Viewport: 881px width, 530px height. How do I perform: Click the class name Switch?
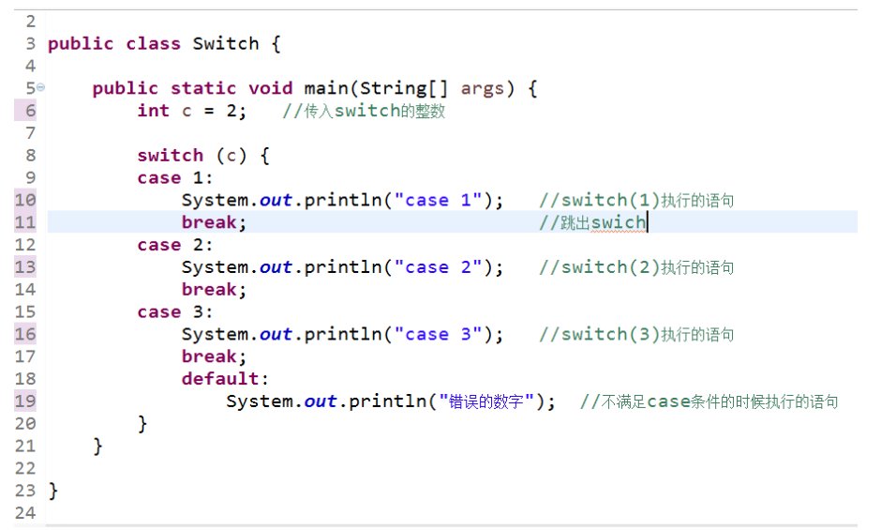(x=225, y=43)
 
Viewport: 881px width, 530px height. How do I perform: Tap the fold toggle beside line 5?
(x=40, y=87)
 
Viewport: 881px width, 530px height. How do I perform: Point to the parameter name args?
(x=482, y=88)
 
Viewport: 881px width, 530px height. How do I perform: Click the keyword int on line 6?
(x=153, y=111)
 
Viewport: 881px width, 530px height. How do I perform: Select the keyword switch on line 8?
(x=170, y=155)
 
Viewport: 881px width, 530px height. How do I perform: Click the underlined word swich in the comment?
(x=618, y=222)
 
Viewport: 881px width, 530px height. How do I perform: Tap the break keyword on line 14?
(x=214, y=289)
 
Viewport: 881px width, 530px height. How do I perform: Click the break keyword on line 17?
(x=214, y=356)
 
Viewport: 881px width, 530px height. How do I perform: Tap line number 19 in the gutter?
(x=25, y=401)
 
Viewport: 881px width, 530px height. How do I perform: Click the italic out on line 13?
(x=276, y=267)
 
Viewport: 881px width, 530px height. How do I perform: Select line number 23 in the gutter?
(x=25, y=491)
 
